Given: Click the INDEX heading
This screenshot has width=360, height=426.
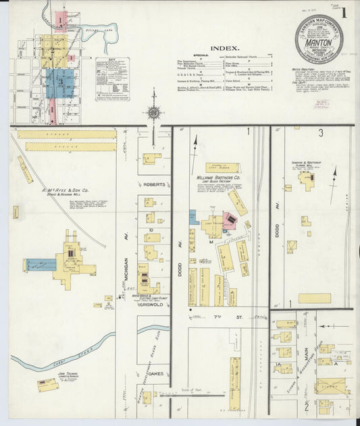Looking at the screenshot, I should point(224,48).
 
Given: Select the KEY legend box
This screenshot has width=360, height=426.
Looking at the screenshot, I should point(112,78).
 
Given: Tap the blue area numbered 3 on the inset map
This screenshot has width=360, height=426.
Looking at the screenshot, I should point(60,82).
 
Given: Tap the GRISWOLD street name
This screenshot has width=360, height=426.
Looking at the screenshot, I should point(153,304).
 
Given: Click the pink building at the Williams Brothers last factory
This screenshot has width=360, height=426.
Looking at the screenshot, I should point(230,220).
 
